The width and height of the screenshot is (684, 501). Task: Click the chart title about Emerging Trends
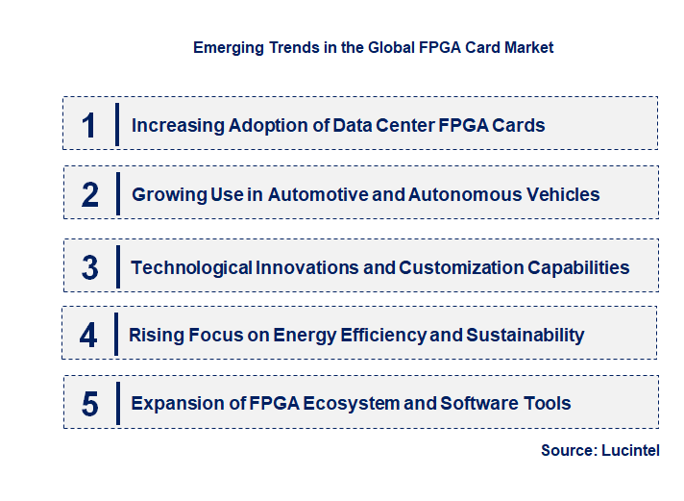click(373, 47)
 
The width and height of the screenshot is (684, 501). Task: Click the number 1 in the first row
click(89, 125)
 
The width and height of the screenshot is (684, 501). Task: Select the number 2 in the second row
click(90, 195)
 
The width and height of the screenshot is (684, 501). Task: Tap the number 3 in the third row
click(89, 267)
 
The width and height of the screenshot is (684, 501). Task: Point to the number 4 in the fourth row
click(88, 336)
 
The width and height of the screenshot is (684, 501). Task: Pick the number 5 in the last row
click(89, 404)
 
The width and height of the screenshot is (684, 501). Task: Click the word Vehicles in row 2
click(563, 195)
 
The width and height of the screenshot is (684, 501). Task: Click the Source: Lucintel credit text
click(600, 450)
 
